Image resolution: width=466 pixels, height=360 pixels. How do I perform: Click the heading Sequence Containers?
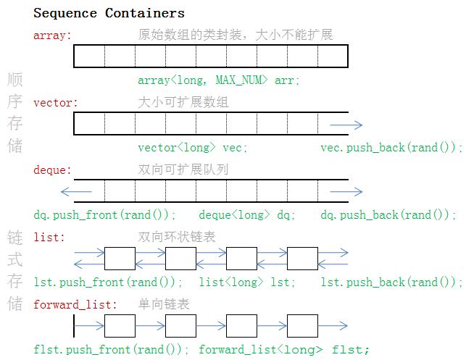tap(109, 13)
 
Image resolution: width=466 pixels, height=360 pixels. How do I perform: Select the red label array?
tap(52, 35)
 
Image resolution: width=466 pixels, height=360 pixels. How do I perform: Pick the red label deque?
tap(52, 170)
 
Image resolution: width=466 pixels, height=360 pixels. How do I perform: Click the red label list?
tap(49, 237)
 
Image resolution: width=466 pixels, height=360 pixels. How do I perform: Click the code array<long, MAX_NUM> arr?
tap(218, 80)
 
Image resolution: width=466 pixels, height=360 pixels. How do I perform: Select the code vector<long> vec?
tap(193, 148)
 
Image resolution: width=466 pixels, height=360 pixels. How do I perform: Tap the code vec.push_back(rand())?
tap(391, 148)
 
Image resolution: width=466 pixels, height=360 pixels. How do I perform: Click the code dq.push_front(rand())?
tap(105, 215)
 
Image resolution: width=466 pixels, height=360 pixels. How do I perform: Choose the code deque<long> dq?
tap(247, 215)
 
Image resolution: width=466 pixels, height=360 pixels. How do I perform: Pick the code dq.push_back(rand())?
tap(388, 215)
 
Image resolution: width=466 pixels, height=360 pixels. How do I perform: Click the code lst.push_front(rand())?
tap(108, 282)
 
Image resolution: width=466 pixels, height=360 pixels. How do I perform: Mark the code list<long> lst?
tap(247, 282)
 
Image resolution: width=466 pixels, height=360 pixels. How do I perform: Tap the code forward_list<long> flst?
tap(284, 350)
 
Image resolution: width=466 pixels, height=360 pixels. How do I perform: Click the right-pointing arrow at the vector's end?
tap(346, 125)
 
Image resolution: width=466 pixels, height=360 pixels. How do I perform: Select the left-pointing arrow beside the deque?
tap(76, 192)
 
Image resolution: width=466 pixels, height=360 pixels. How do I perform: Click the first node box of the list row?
tap(120, 259)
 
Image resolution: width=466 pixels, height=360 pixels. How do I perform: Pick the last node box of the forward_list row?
tap(302, 326)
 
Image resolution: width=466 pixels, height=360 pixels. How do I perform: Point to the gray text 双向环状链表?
tap(177, 237)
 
